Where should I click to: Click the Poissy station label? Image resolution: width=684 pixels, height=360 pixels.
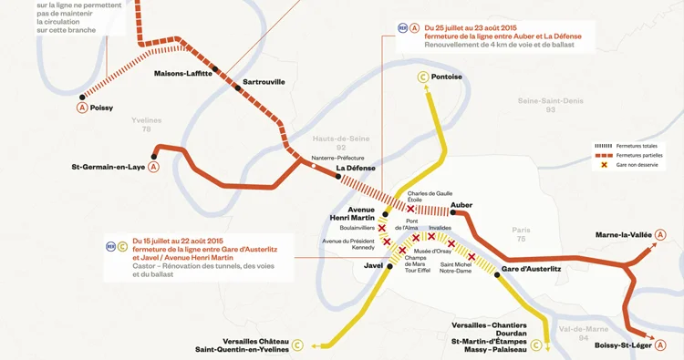101,108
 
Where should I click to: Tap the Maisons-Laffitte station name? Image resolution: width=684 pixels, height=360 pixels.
183,74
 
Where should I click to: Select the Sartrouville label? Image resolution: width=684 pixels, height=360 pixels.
264,82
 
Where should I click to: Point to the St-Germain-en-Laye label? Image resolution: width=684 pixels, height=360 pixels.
108,167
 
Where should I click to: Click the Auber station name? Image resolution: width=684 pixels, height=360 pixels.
461,205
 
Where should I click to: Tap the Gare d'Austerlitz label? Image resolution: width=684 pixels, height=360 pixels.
531,269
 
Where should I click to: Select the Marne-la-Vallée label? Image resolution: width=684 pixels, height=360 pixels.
624,235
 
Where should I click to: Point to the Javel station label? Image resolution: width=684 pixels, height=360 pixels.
372,266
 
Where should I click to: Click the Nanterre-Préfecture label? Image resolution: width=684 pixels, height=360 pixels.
337,158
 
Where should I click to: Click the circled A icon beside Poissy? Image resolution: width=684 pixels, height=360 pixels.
82,108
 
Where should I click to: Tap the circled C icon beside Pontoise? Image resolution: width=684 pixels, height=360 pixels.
423,77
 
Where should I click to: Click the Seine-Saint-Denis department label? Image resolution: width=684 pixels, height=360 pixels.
549,103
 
